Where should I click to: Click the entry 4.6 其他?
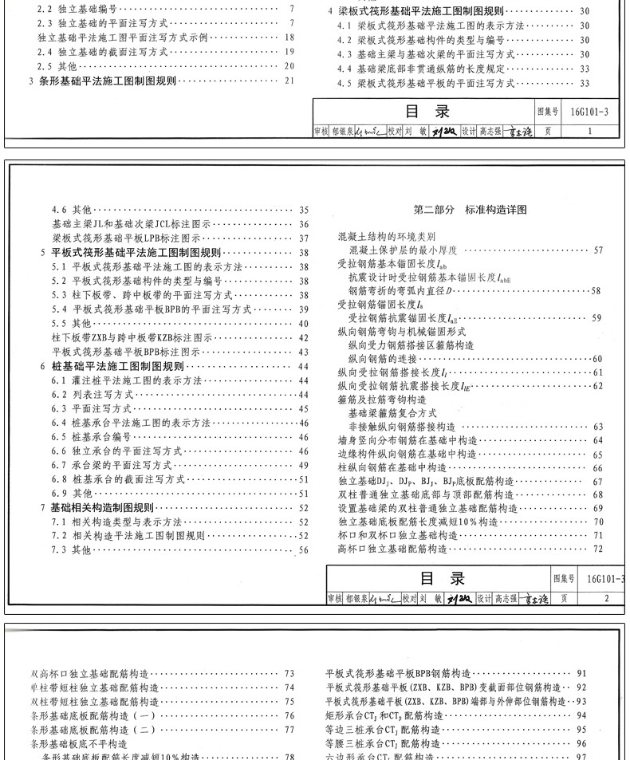point(71,210)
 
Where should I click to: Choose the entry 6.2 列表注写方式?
point(92,395)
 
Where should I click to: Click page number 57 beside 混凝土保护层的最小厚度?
point(597,251)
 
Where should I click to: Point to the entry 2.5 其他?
point(57,66)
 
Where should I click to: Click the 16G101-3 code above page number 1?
point(589,112)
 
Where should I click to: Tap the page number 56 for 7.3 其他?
point(303,550)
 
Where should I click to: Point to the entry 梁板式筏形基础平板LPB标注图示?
point(125,238)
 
